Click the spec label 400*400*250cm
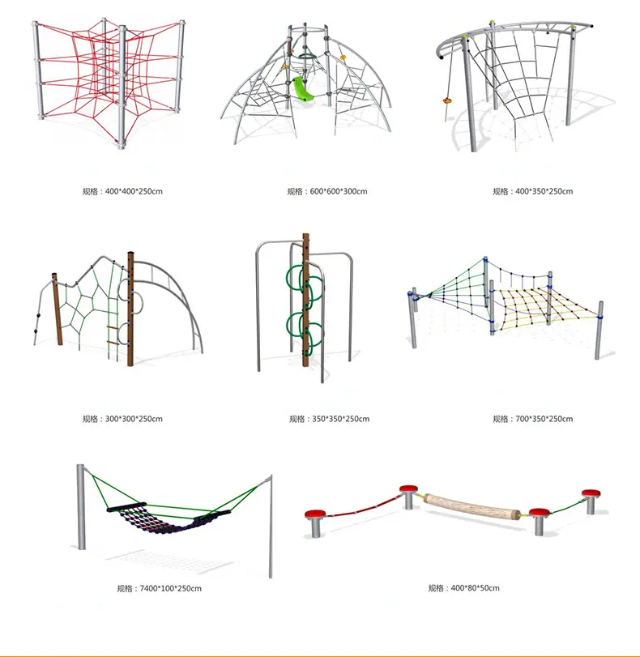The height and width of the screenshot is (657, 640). tap(134, 191)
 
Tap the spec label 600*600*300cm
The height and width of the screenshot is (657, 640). tap(339, 191)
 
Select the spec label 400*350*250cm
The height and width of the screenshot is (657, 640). tap(544, 191)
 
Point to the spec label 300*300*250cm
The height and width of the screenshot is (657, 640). tap(134, 419)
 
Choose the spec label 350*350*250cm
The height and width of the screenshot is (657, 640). tap(341, 419)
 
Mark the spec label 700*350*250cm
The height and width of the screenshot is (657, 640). tap(544, 419)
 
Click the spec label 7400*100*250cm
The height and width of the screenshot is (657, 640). tap(171, 589)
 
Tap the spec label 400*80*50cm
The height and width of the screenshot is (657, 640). tap(476, 588)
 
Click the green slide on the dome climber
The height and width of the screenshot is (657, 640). tap(303, 89)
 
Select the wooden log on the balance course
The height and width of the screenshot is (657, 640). tap(472, 507)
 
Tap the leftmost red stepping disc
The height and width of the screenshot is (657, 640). tap(315, 514)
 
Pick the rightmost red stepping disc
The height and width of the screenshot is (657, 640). tap(591, 493)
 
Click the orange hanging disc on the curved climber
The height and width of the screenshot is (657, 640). tap(447, 100)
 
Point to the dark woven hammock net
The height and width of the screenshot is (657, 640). tap(160, 518)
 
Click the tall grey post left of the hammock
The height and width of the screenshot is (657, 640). tap(81, 506)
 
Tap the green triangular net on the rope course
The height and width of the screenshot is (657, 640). tap(457, 293)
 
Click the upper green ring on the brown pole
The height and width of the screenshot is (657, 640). tap(305, 282)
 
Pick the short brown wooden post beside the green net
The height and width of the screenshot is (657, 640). tap(58, 309)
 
